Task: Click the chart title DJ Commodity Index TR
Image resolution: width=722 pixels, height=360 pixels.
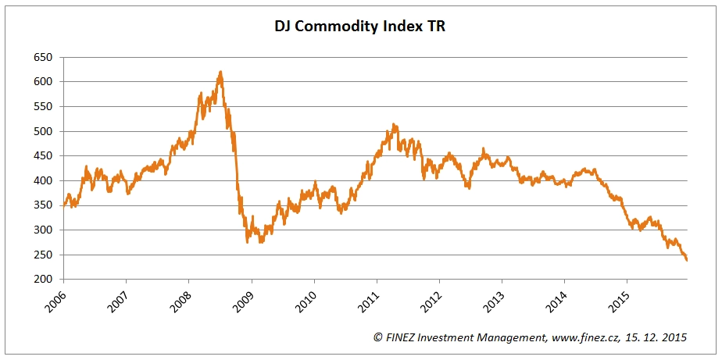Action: coord(360,26)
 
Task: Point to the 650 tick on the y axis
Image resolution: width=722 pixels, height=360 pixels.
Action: coord(42,57)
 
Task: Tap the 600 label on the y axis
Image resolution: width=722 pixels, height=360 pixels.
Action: coord(42,82)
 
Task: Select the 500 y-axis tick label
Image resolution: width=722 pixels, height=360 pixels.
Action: coord(42,131)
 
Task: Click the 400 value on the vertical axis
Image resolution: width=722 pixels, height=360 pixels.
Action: coord(42,180)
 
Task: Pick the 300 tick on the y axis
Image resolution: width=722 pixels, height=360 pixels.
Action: coord(42,230)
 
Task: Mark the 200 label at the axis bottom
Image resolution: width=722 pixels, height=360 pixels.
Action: coord(42,280)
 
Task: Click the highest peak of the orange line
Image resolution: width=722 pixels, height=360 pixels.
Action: coord(221,72)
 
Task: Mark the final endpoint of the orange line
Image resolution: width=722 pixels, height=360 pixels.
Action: coord(687,260)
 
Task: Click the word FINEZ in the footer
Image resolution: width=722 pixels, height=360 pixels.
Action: coord(402,337)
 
